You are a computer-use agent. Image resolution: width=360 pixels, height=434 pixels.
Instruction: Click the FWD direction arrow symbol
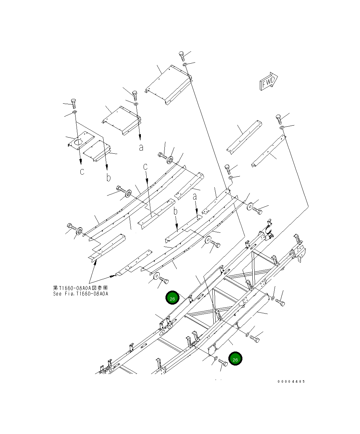[269, 81]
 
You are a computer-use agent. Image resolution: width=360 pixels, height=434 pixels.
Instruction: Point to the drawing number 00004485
[291, 381]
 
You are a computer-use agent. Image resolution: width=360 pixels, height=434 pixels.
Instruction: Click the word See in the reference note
[57, 294]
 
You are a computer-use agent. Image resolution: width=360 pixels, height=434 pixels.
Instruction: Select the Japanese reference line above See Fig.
[81, 288]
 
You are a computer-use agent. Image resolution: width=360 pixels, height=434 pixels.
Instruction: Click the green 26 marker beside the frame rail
[172, 297]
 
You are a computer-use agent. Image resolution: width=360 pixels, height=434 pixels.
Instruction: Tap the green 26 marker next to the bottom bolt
[235, 358]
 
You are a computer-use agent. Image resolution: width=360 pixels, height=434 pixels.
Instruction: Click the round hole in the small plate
[78, 142]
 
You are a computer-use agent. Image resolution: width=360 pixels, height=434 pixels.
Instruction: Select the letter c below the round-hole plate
[82, 171]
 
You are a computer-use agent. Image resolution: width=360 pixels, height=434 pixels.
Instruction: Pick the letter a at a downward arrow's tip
[141, 148]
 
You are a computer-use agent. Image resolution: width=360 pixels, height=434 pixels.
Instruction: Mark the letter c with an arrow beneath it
[145, 166]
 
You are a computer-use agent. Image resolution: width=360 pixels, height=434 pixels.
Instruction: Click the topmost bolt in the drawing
[182, 56]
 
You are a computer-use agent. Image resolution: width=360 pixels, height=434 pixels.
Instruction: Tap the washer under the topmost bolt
[185, 64]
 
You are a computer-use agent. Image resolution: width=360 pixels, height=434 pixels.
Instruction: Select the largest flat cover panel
[169, 85]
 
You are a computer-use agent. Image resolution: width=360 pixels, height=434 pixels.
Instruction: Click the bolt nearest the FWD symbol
[279, 119]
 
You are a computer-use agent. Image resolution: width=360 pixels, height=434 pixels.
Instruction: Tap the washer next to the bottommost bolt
[216, 358]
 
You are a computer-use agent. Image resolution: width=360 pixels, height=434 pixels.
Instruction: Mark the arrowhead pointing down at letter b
[107, 167]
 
